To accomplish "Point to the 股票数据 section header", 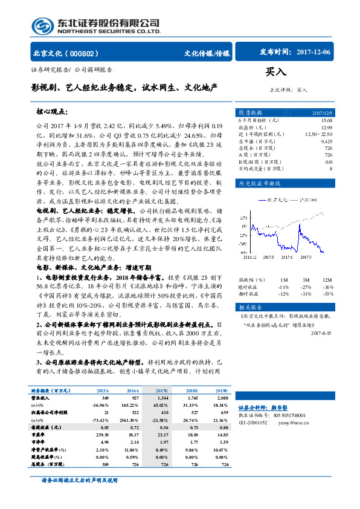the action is pyautogui.click(x=251, y=112).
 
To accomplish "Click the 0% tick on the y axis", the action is pyautogui.click(x=243, y=230).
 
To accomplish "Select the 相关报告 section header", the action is pyautogui.click(x=251, y=306).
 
